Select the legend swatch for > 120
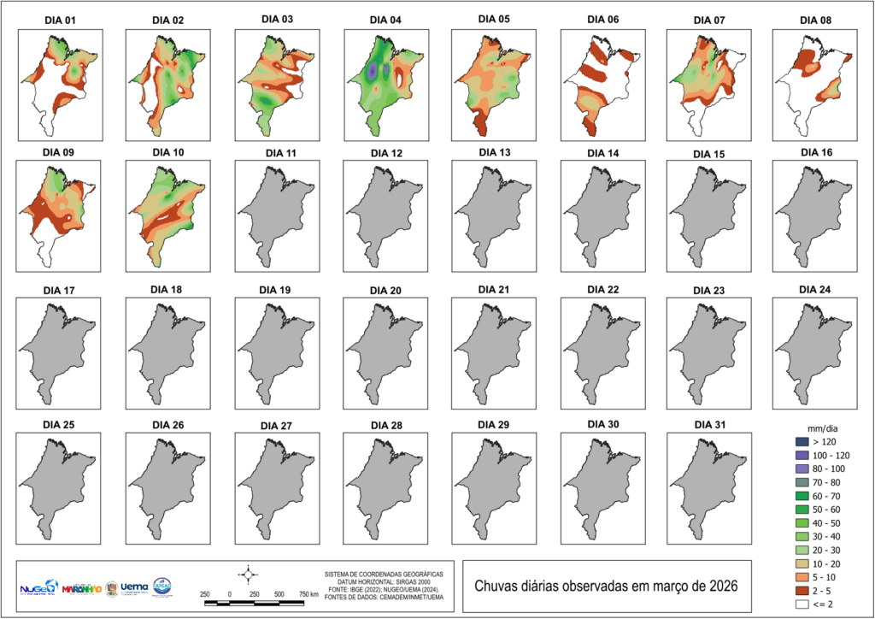pos(801,441)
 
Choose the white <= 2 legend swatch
pos(801,605)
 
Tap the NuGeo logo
pos(38,588)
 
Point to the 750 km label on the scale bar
pos(308,593)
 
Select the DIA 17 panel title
pos(60,292)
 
